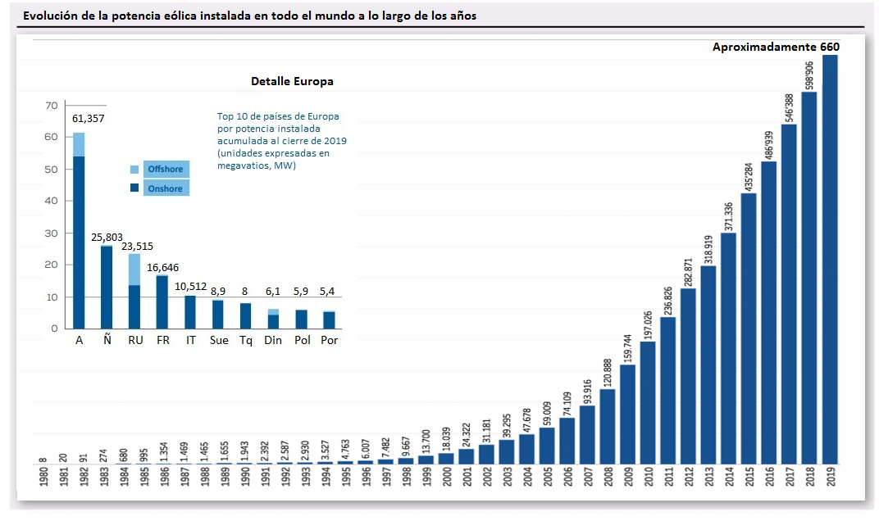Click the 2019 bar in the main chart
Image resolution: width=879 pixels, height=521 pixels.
click(x=831, y=258)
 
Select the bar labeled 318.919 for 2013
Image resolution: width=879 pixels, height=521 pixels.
click(x=708, y=365)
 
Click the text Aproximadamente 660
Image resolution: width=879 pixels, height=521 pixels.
click(x=776, y=47)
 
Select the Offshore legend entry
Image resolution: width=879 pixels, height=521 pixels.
click(x=165, y=169)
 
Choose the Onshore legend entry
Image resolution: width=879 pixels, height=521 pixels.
click(x=165, y=188)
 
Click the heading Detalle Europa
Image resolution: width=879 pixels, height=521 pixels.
click(x=292, y=82)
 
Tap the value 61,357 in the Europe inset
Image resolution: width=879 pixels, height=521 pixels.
click(x=89, y=119)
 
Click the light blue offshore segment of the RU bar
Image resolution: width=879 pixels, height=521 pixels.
click(x=134, y=270)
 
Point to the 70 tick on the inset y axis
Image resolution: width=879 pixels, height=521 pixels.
click(x=51, y=106)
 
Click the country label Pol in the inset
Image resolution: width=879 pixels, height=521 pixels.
click(x=301, y=340)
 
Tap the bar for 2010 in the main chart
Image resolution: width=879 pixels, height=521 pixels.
click(x=648, y=402)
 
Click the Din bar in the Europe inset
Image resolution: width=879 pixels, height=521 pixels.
click(x=273, y=319)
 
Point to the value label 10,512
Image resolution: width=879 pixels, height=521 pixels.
click(x=191, y=286)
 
